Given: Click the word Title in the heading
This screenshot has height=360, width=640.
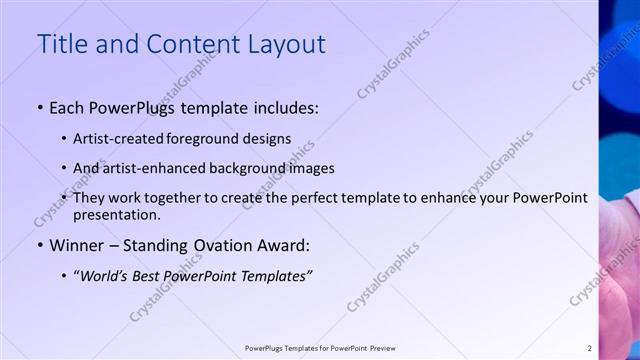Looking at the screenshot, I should (x=62, y=45).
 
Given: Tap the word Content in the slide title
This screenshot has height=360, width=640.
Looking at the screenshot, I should (x=189, y=45).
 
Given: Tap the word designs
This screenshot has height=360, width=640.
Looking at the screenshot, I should (x=269, y=139).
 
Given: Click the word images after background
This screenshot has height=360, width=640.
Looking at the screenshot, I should (x=311, y=168).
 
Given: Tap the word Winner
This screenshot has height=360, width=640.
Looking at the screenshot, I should (x=77, y=245).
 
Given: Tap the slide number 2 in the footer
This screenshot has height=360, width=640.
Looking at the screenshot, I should (x=589, y=348).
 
